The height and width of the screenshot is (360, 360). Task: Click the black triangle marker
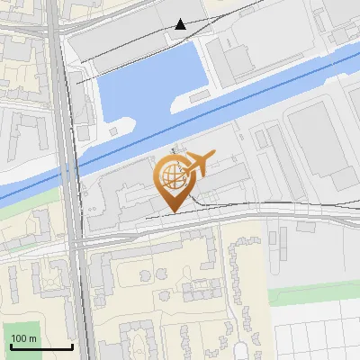[x=181, y=24]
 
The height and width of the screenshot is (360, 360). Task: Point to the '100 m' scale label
[x=24, y=338]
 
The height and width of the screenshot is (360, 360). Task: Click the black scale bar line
[x=40, y=346]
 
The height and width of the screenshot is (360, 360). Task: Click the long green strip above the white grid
[x=315, y=296]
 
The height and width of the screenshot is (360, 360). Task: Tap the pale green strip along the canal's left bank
[x=18, y=203]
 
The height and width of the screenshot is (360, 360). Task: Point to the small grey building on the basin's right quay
[x=236, y=59]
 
